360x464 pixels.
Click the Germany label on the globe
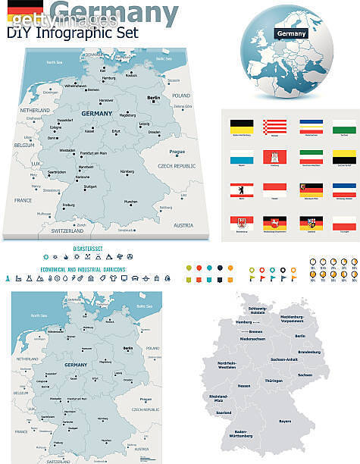[291, 33]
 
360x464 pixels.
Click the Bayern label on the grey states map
[284, 420]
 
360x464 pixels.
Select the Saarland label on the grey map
[223, 412]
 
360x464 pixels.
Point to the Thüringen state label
[274, 381]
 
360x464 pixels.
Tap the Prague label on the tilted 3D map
[176, 151]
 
